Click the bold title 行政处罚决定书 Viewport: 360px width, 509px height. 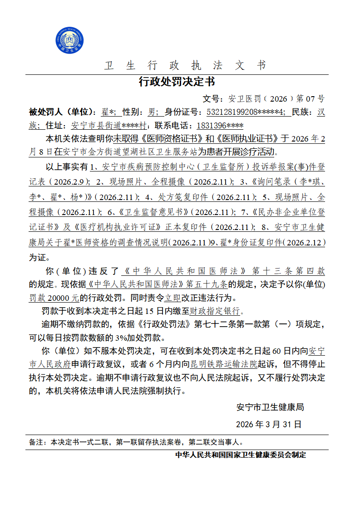[x=177, y=82]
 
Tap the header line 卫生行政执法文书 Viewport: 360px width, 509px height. [x=185, y=65]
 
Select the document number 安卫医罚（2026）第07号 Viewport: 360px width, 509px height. [x=276, y=98]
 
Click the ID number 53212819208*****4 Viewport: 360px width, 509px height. [x=246, y=112]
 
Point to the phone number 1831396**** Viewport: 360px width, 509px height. [x=219, y=126]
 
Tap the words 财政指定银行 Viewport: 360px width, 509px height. [x=217, y=311]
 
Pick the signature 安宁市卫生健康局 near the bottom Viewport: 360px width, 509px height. [x=270, y=407]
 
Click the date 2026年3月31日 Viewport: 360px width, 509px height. [x=269, y=425]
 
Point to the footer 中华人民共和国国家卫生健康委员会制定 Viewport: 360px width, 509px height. [x=241, y=455]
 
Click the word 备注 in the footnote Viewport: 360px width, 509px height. [x=36, y=441]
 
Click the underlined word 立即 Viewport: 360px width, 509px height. [x=172, y=298]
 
